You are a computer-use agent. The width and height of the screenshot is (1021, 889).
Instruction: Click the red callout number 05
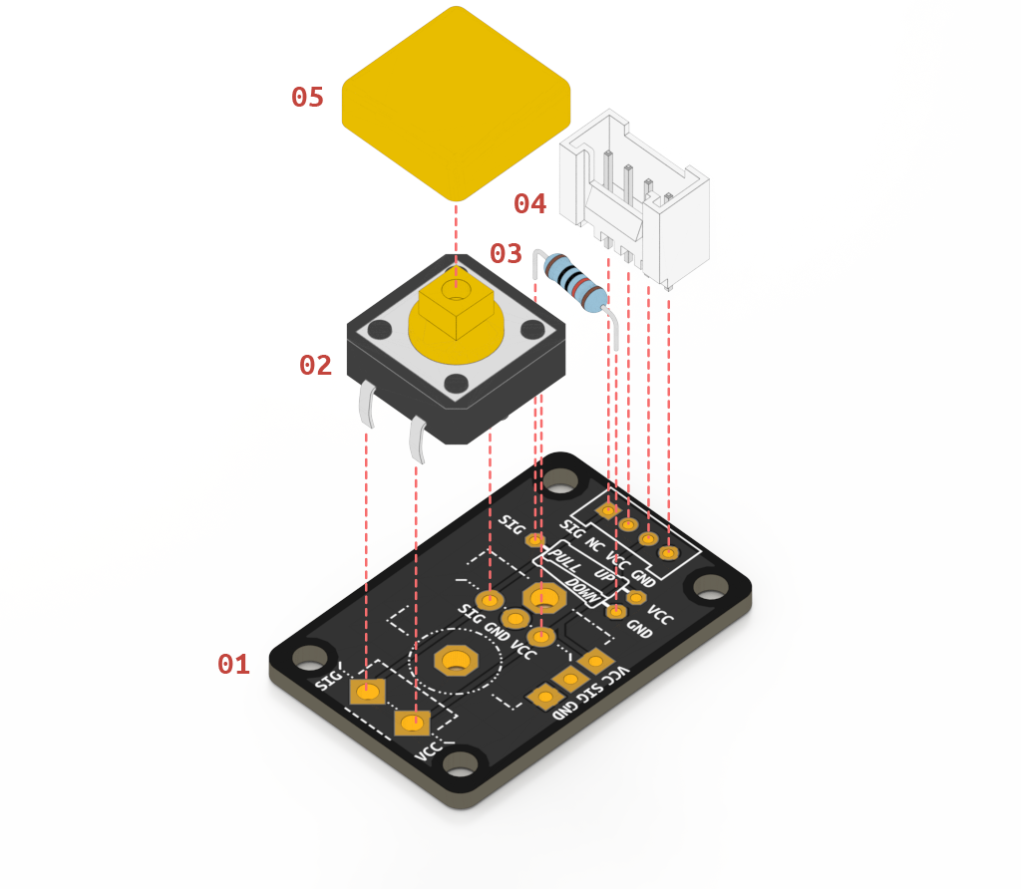tap(307, 98)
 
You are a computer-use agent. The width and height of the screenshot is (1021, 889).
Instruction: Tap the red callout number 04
tap(529, 204)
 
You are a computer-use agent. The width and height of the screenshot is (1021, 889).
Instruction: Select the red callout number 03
tap(506, 253)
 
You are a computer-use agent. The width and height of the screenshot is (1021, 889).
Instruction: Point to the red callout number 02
tap(315, 366)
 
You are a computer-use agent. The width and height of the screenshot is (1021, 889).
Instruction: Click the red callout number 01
tap(233, 664)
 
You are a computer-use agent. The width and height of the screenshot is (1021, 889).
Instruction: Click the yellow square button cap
tap(456, 100)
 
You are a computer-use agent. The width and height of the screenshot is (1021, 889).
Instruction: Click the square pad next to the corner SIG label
tap(367, 692)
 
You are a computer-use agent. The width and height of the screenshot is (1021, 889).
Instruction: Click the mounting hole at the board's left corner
tap(309, 657)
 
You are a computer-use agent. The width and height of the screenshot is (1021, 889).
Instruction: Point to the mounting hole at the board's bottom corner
tap(461, 765)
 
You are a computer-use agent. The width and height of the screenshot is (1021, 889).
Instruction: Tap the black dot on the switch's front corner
tap(456, 384)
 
